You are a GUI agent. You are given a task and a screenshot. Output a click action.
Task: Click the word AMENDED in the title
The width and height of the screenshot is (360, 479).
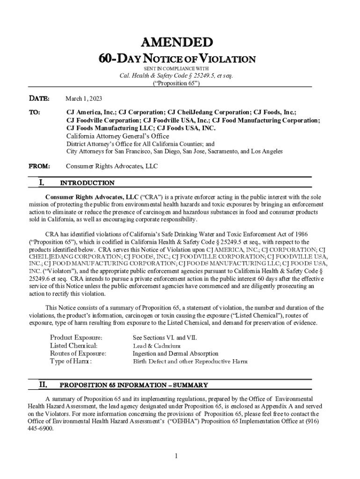pyautogui.click(x=180, y=43)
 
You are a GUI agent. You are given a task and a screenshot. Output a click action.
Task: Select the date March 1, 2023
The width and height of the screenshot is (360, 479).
pyautogui.click(x=84, y=99)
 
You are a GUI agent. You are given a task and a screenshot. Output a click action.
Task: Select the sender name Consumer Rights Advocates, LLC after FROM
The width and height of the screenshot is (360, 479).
pyautogui.click(x=112, y=166)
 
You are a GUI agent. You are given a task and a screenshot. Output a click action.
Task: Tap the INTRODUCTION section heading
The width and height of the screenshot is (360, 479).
pyautogui.click(x=87, y=183)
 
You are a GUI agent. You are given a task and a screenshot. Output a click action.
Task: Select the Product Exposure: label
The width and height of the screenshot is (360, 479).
pyautogui.click(x=77, y=337)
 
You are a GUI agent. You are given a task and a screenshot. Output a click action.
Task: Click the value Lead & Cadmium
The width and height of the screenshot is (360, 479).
pyautogui.click(x=157, y=346)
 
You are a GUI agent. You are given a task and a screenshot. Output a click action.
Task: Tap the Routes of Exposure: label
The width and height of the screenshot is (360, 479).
pyautogui.click(x=78, y=354)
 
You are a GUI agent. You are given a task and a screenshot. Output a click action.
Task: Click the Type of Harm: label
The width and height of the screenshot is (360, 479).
pyautogui.click(x=71, y=362)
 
